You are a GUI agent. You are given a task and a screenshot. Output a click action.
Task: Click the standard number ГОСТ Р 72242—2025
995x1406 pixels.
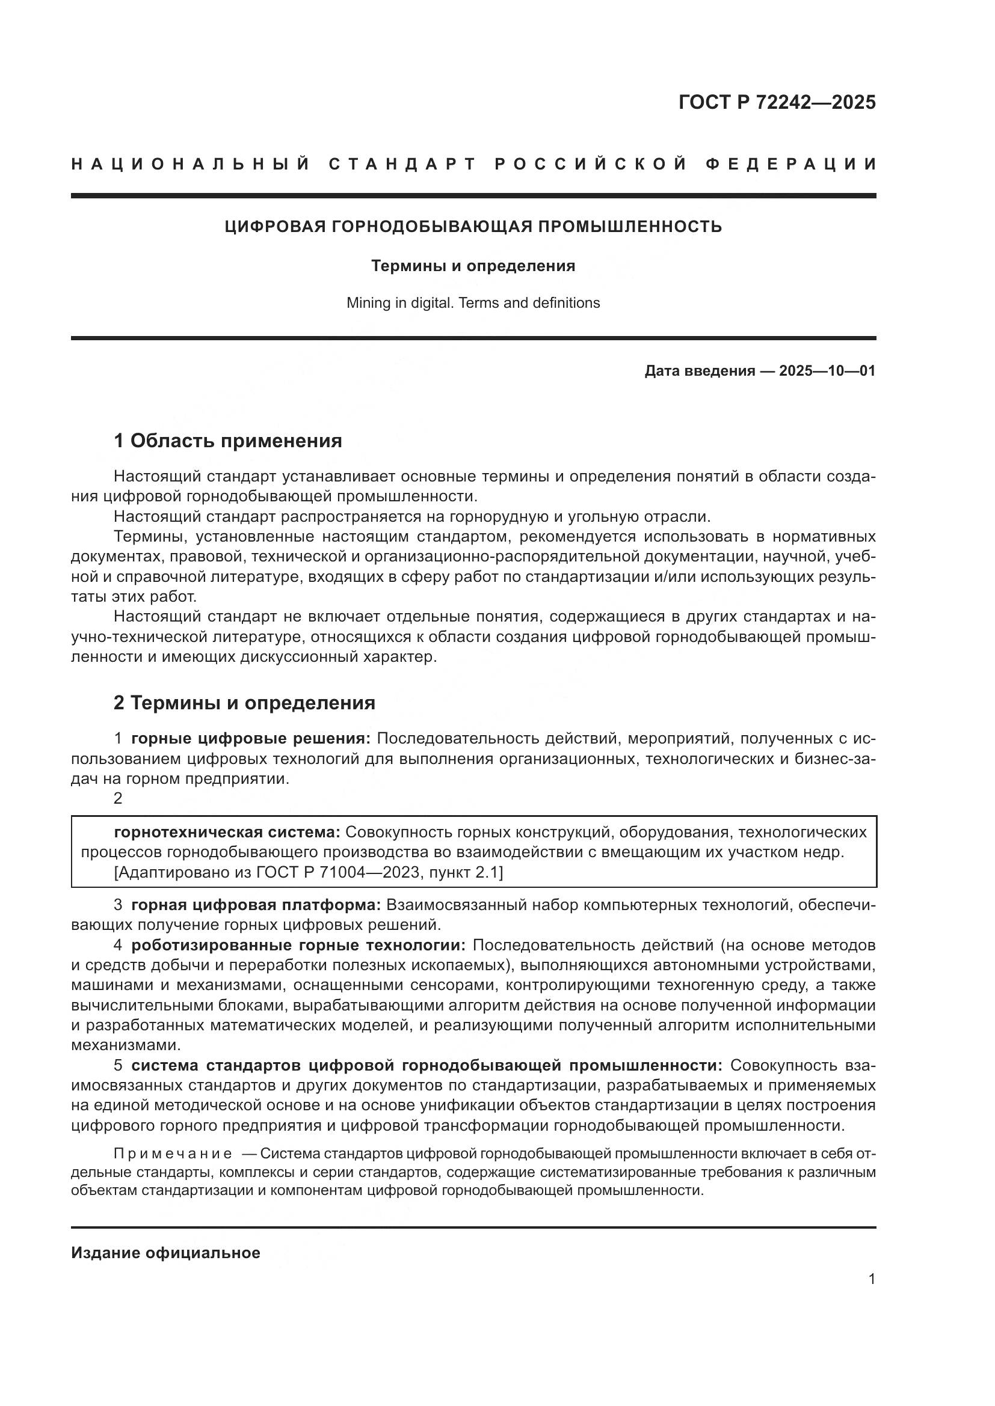point(777,102)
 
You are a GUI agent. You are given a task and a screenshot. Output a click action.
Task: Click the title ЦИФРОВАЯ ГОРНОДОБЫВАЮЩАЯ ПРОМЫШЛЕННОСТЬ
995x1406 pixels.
point(473,227)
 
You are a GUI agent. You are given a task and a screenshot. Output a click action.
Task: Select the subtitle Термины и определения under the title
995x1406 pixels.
point(473,266)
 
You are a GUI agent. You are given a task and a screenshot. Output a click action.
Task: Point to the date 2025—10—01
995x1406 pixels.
point(827,370)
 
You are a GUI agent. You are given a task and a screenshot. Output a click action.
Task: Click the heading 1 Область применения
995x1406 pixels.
point(228,440)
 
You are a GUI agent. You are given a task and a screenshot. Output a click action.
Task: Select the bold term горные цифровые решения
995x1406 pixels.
point(251,739)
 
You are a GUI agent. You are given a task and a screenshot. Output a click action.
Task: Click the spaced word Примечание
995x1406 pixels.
point(173,1154)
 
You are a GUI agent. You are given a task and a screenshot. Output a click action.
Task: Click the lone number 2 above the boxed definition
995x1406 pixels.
point(119,798)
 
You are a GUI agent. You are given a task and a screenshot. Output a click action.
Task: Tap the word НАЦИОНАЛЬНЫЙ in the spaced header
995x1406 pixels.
point(191,164)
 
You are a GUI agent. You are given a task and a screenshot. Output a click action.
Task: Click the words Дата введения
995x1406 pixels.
point(699,370)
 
